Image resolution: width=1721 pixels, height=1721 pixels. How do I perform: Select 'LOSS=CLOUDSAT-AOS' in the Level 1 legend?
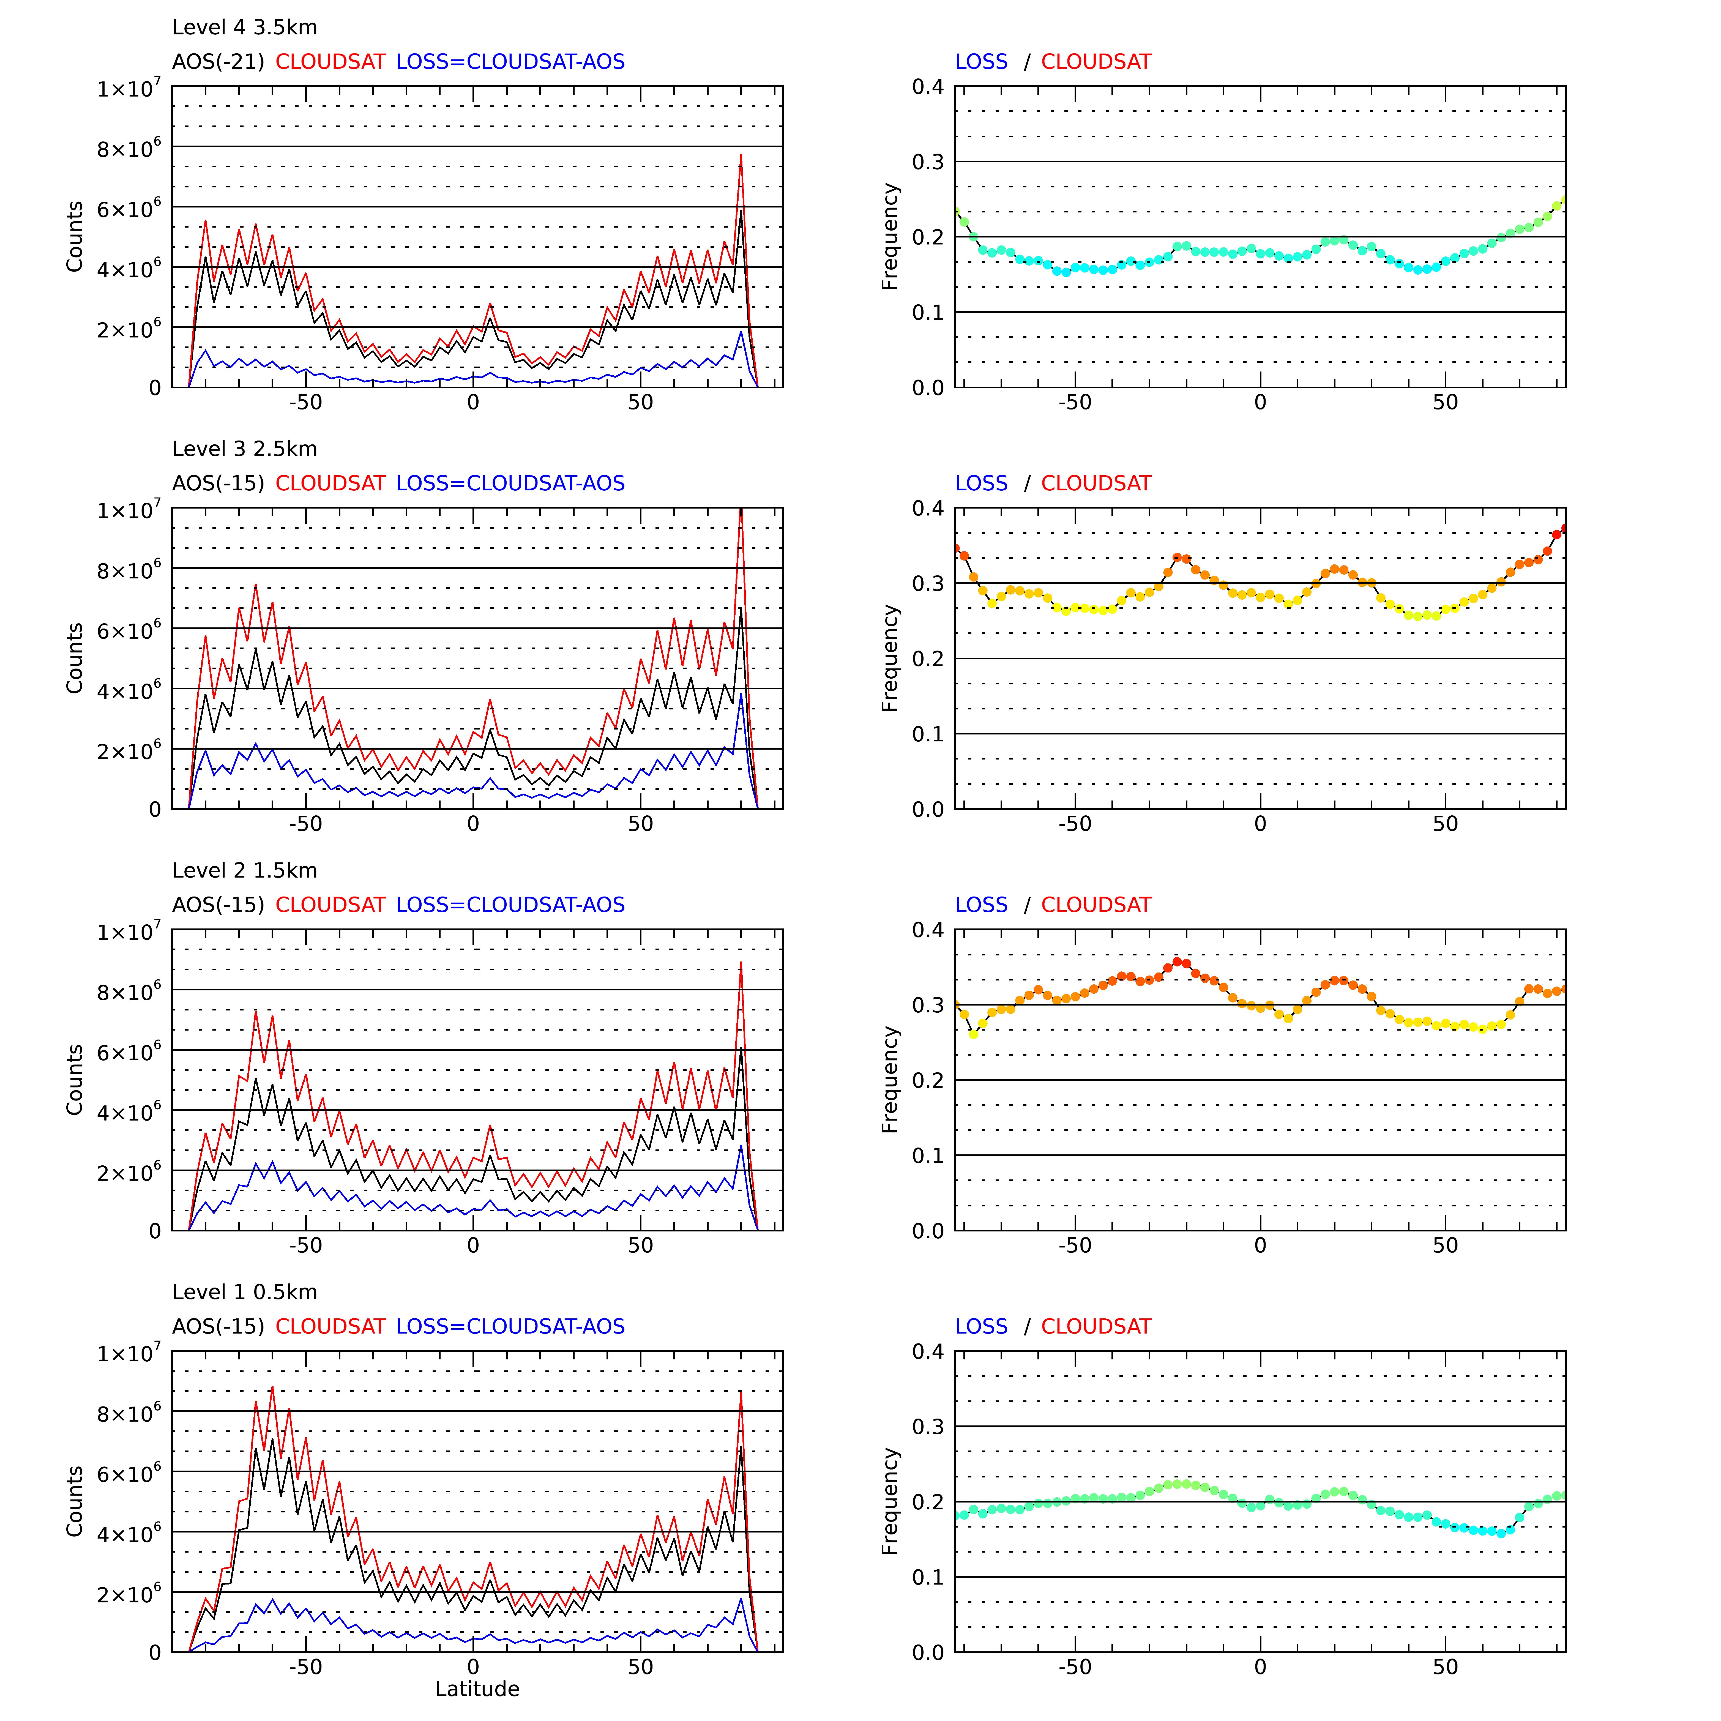[510, 1326]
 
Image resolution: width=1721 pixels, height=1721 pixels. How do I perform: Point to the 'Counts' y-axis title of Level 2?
[75, 1080]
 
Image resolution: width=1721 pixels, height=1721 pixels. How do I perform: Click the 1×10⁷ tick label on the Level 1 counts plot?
[129, 1354]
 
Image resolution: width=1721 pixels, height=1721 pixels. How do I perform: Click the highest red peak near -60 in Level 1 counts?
[273, 1387]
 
